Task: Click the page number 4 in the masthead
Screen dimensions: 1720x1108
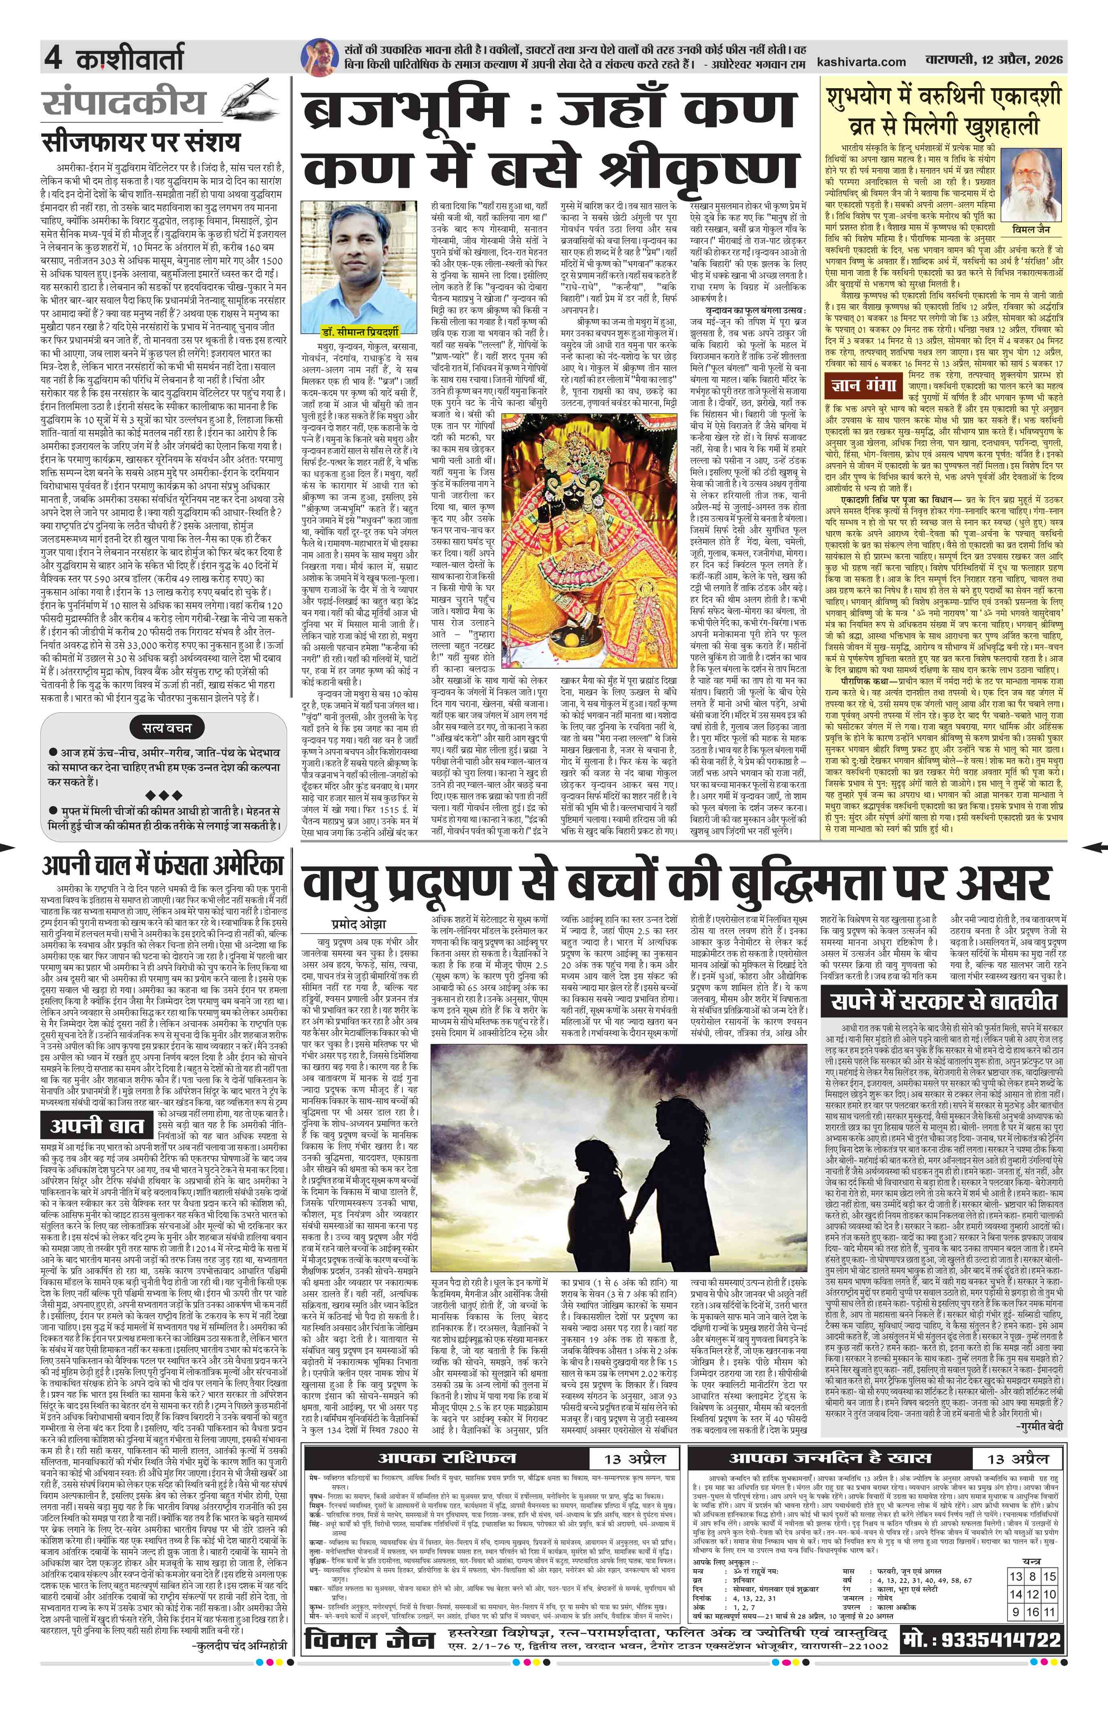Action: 53,57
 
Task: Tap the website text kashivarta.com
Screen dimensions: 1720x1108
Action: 861,62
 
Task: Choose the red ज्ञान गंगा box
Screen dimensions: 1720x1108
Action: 862,386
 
